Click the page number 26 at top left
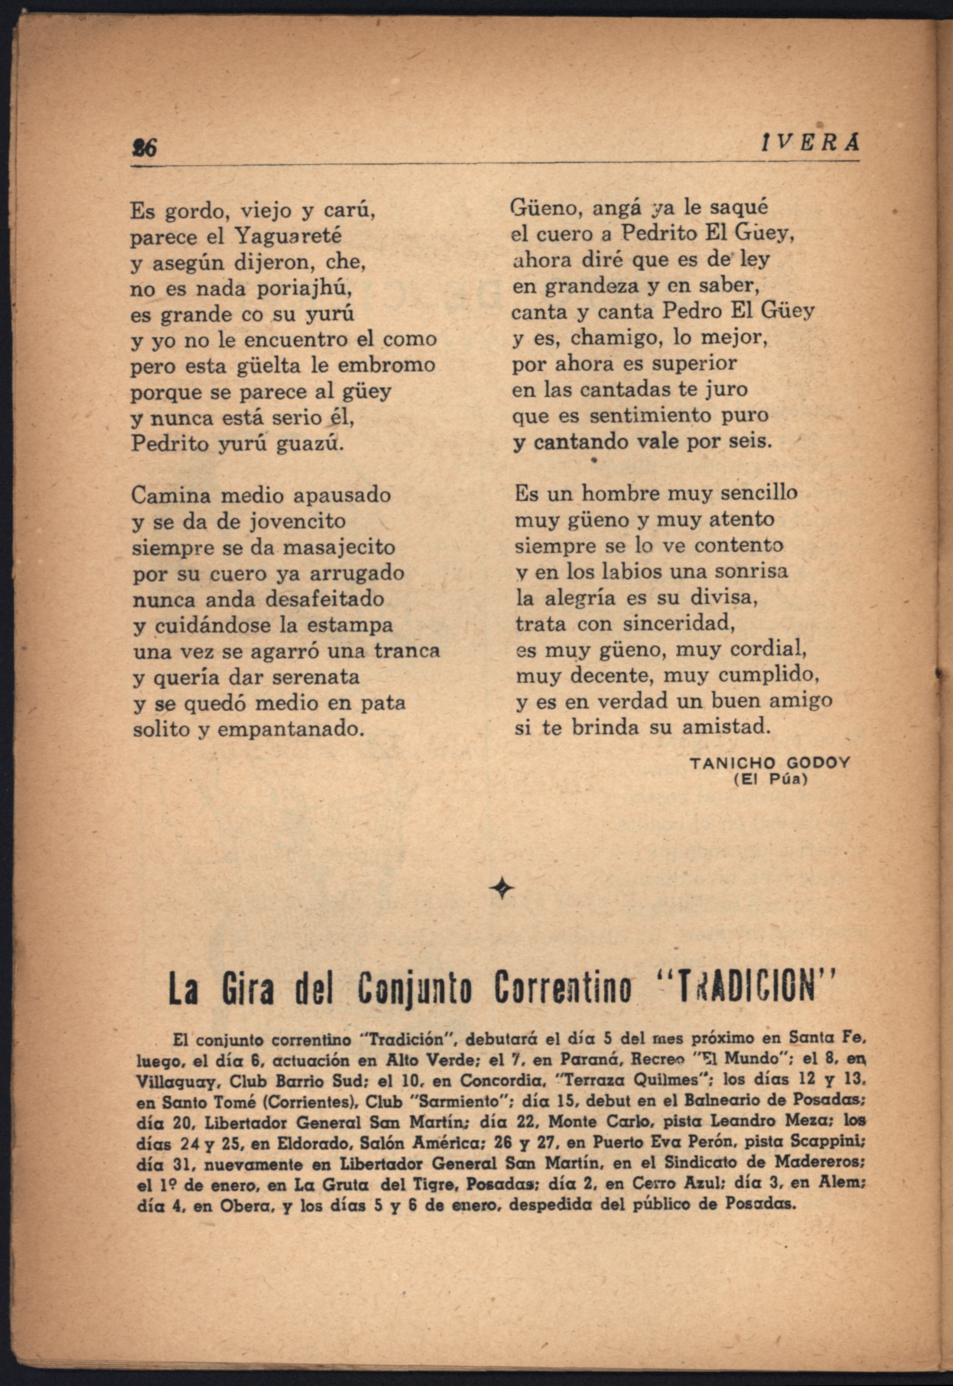[144, 147]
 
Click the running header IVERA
[810, 144]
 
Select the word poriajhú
[304, 289]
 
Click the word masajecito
[339, 547]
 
